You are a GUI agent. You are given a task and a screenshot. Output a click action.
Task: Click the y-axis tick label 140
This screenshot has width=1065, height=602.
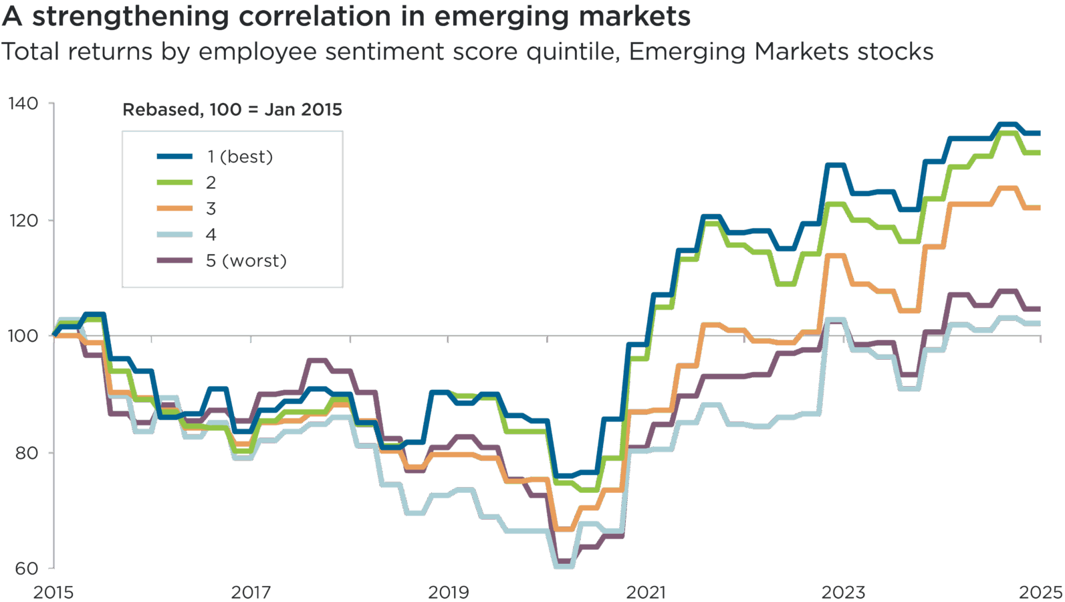click(x=23, y=104)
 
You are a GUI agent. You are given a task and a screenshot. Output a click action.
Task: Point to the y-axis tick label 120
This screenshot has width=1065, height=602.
click(x=23, y=220)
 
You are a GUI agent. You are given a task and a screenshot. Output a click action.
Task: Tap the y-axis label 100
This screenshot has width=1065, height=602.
click(x=23, y=335)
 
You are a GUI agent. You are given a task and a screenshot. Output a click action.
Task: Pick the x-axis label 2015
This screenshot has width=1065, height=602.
click(x=53, y=592)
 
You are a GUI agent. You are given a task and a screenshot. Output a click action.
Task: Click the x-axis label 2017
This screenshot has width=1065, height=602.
click(x=251, y=592)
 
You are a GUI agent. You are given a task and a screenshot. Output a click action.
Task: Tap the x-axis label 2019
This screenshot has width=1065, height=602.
click(x=448, y=592)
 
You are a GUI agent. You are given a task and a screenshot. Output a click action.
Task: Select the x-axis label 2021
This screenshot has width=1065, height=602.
click(x=646, y=592)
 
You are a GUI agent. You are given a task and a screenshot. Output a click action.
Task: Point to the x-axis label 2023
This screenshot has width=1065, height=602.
click(x=843, y=592)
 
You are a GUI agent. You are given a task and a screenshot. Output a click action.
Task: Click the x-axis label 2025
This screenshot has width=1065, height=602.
click(x=1040, y=592)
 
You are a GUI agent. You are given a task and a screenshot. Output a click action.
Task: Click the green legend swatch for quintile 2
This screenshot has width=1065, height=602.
click(x=174, y=183)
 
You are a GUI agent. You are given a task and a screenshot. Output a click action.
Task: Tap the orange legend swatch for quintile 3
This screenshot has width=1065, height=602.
click(x=174, y=209)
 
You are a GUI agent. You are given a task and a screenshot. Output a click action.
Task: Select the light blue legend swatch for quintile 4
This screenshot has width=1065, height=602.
click(x=174, y=235)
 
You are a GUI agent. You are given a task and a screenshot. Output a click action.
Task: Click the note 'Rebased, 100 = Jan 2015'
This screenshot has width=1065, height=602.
click(x=232, y=110)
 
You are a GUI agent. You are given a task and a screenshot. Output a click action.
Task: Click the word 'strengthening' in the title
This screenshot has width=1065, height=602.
click(x=131, y=17)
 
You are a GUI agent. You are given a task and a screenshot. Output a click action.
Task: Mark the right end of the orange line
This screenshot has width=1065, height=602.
click(x=1040, y=208)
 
